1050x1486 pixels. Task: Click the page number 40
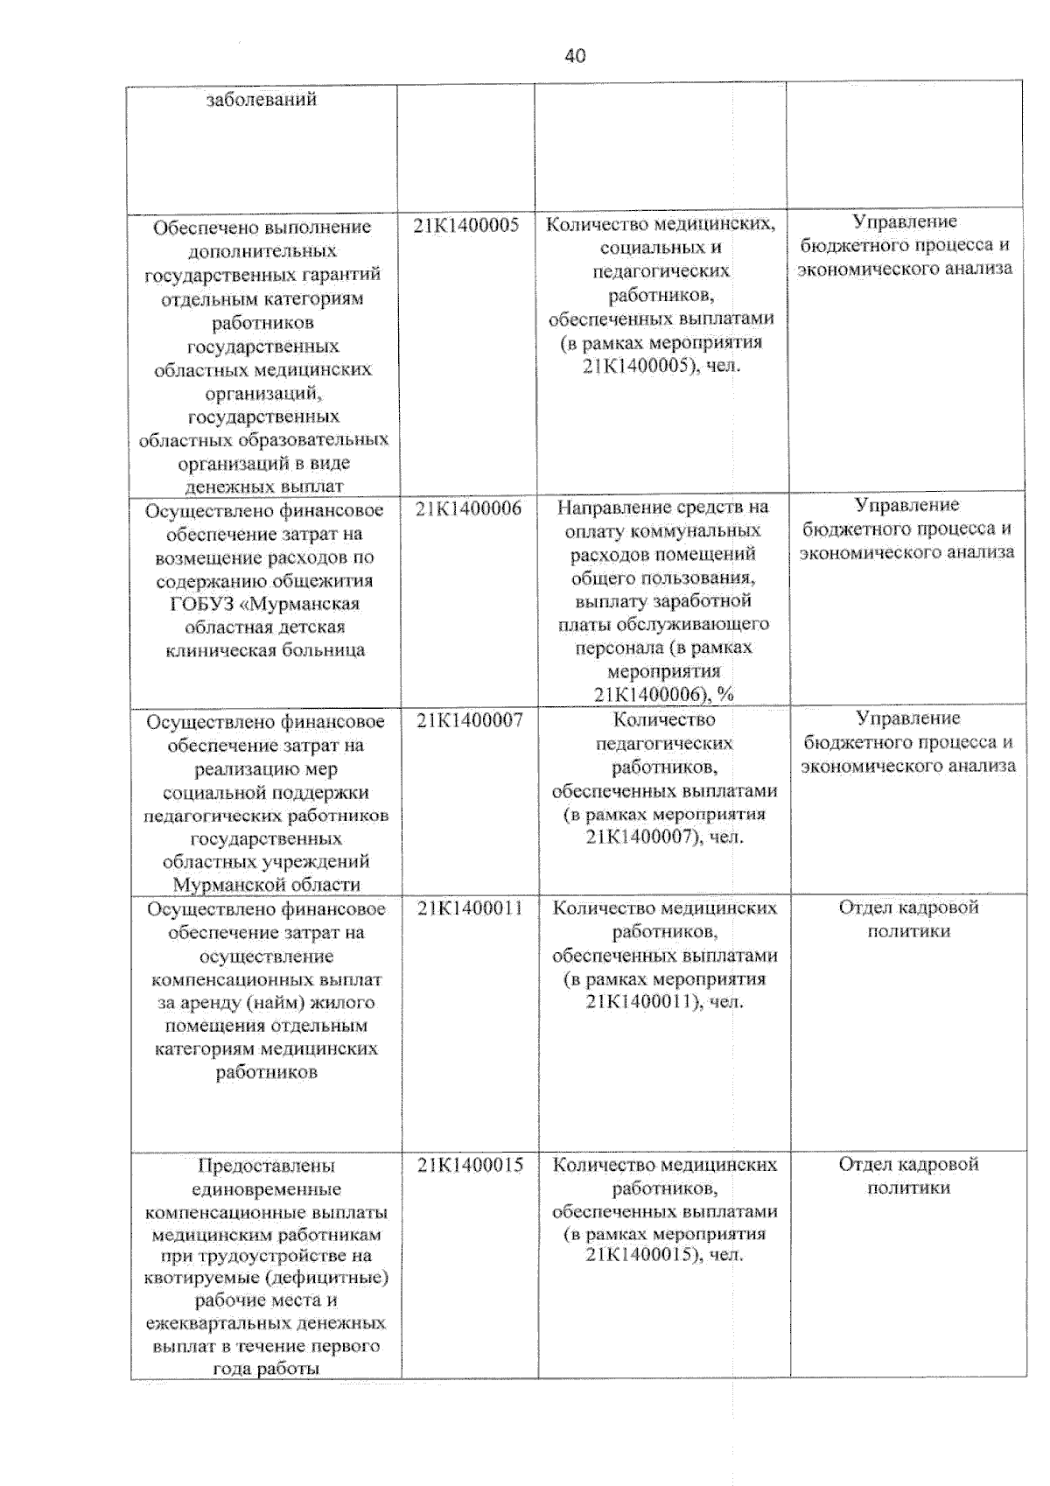tap(575, 56)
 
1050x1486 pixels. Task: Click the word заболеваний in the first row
tap(261, 100)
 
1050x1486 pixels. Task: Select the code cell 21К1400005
tap(466, 225)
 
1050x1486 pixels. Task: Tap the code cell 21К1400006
tap(468, 508)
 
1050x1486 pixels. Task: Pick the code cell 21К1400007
tap(469, 720)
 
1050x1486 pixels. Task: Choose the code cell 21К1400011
tap(470, 908)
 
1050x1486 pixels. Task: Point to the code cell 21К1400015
tap(470, 1165)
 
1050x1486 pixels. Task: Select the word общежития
tap(318, 581)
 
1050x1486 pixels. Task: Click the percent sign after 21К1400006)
tap(724, 695)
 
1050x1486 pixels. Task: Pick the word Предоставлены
tap(266, 1166)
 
